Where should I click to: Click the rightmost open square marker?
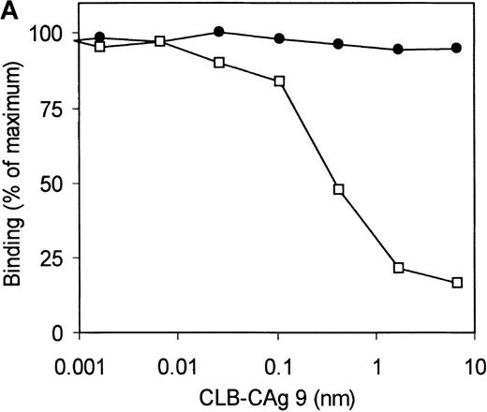coord(457,283)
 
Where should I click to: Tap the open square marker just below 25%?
coord(398,268)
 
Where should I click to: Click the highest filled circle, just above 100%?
coord(219,32)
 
